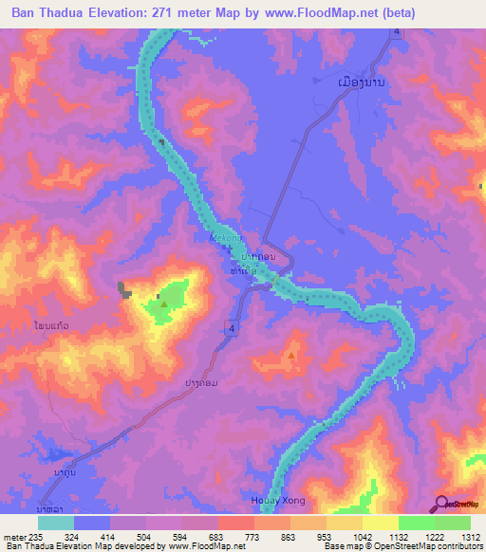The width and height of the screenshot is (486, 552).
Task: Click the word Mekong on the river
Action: (220, 239)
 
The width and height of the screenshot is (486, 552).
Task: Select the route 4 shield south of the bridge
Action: (231, 326)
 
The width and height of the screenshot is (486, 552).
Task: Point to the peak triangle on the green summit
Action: (164, 304)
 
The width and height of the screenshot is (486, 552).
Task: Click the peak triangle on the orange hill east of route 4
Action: (291, 356)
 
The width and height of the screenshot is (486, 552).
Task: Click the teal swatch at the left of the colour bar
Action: (56, 523)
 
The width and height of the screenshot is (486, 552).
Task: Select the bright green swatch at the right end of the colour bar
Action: (452, 523)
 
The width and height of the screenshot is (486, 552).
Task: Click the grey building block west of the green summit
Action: (121, 287)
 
